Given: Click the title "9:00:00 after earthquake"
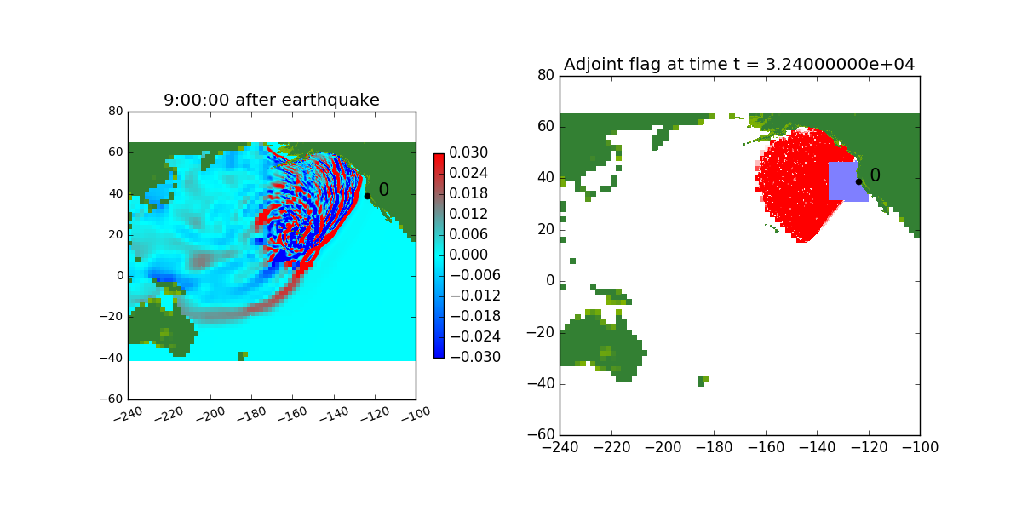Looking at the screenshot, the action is point(272,100).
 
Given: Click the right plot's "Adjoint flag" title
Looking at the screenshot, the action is point(739,65).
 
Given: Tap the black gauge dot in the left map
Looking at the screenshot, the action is point(367,196).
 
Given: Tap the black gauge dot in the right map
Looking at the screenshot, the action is point(858,181).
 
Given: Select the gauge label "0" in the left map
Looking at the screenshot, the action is point(384,190).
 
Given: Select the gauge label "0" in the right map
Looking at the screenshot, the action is point(876,175).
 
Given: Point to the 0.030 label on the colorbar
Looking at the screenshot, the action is point(468,152).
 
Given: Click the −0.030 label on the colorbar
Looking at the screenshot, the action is point(475,357).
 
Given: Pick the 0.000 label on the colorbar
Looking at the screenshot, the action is point(468,255).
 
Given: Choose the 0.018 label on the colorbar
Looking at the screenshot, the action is point(468,193).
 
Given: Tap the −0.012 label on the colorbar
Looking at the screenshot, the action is point(475,296).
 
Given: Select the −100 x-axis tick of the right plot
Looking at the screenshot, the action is point(920,447).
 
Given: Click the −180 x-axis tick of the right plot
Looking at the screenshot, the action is point(714,447).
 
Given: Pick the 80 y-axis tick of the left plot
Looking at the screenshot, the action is point(116,112).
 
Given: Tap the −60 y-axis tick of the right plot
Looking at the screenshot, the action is point(541,434).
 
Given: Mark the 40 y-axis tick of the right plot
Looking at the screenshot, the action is point(546,177).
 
